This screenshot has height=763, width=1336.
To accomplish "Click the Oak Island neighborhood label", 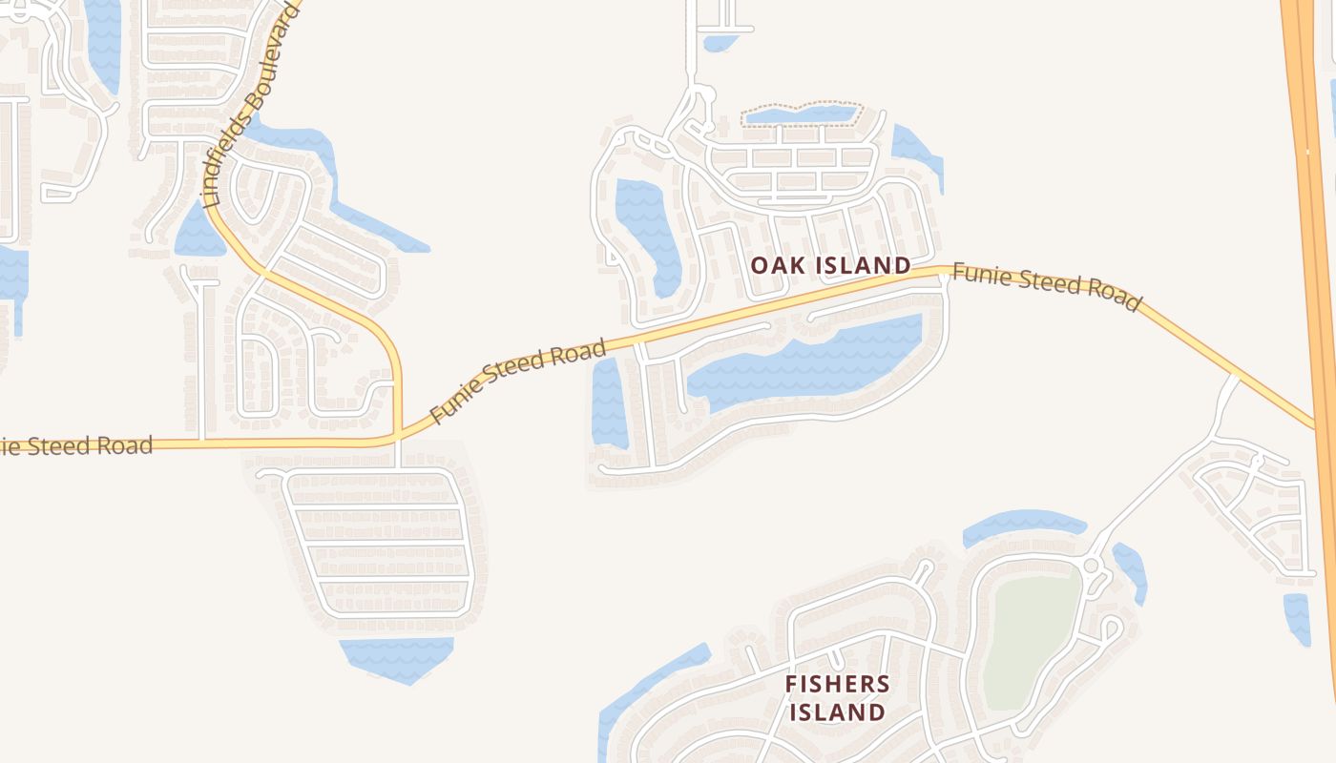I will point(830,265).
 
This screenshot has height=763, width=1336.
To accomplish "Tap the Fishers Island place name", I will point(837,697).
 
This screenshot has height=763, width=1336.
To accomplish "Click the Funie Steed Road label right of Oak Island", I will point(1046,286).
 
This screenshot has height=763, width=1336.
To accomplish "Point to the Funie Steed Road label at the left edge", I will point(76,445).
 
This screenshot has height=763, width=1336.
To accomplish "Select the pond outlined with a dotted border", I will point(802,115).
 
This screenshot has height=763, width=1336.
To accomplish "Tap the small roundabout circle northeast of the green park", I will point(1092,566).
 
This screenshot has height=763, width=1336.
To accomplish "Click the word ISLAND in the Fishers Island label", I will point(837,711).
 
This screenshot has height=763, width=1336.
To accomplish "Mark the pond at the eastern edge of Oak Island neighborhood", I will point(916,153).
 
